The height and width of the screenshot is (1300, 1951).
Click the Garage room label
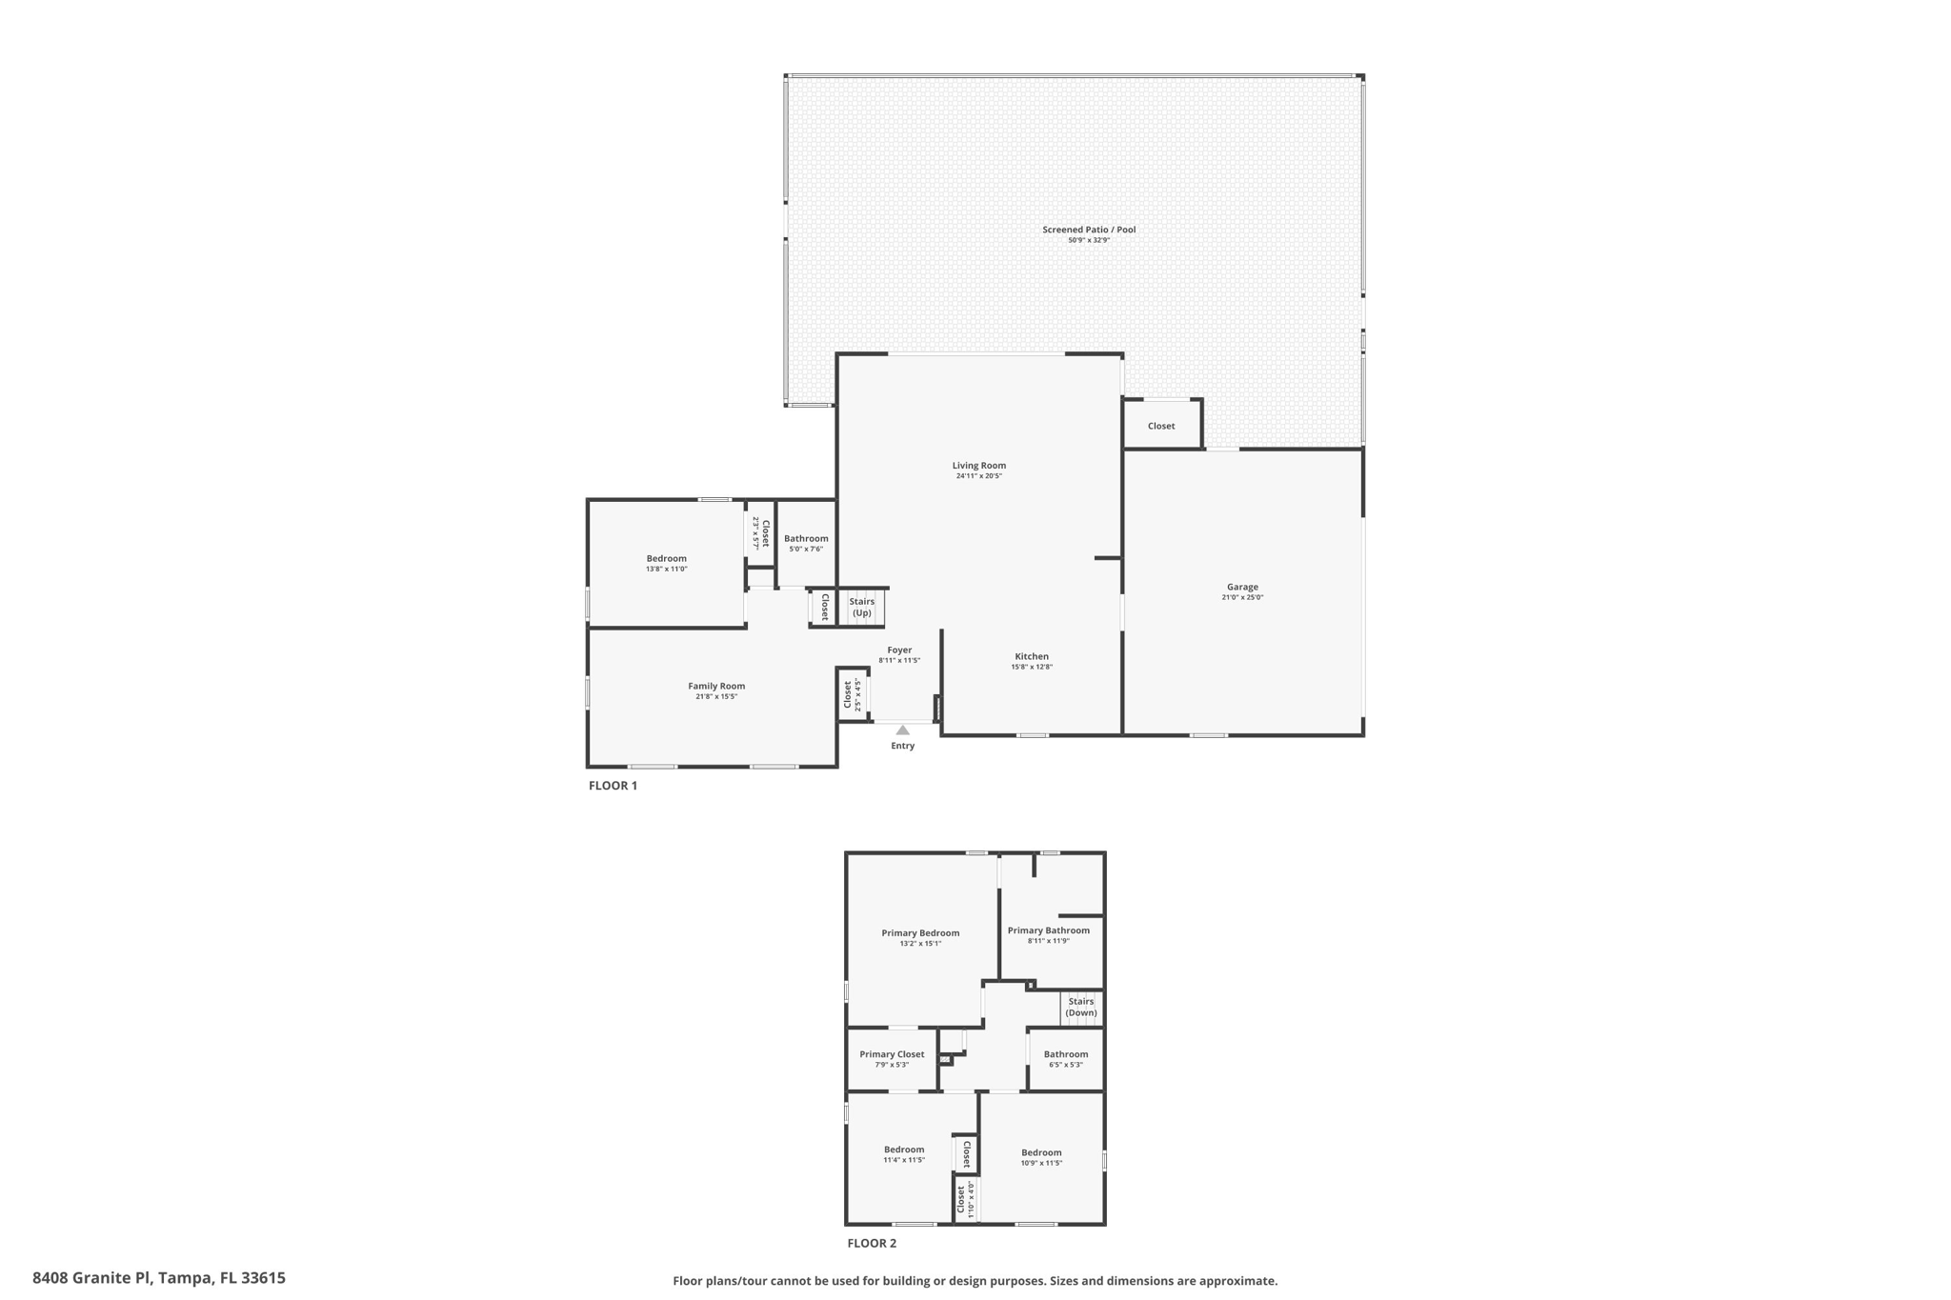click(1242, 587)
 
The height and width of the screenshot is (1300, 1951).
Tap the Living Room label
click(979, 466)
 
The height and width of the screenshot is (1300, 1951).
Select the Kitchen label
click(1032, 656)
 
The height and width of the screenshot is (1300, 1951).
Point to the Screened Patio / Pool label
click(1089, 230)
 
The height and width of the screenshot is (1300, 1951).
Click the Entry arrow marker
click(902, 730)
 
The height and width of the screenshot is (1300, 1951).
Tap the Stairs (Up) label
click(862, 608)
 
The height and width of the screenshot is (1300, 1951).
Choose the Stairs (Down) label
click(1081, 1007)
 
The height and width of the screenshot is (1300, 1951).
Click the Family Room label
click(716, 686)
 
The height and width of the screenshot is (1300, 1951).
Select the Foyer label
click(899, 650)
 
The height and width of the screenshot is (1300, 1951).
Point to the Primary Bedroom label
click(920, 933)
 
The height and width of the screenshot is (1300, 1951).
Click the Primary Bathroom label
click(1049, 930)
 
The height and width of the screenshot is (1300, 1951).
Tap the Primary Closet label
click(892, 1054)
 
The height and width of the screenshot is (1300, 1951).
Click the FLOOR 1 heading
click(613, 786)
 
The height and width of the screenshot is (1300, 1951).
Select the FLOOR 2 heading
click(872, 1243)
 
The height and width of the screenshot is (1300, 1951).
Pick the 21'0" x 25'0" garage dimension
click(1242, 598)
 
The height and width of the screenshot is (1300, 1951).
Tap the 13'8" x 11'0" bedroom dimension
click(667, 570)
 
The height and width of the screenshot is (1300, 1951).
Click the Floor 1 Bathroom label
click(806, 539)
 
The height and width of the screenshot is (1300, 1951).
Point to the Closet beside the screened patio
click(1161, 426)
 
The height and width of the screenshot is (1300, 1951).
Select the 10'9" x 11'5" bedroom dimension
click(1041, 1163)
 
